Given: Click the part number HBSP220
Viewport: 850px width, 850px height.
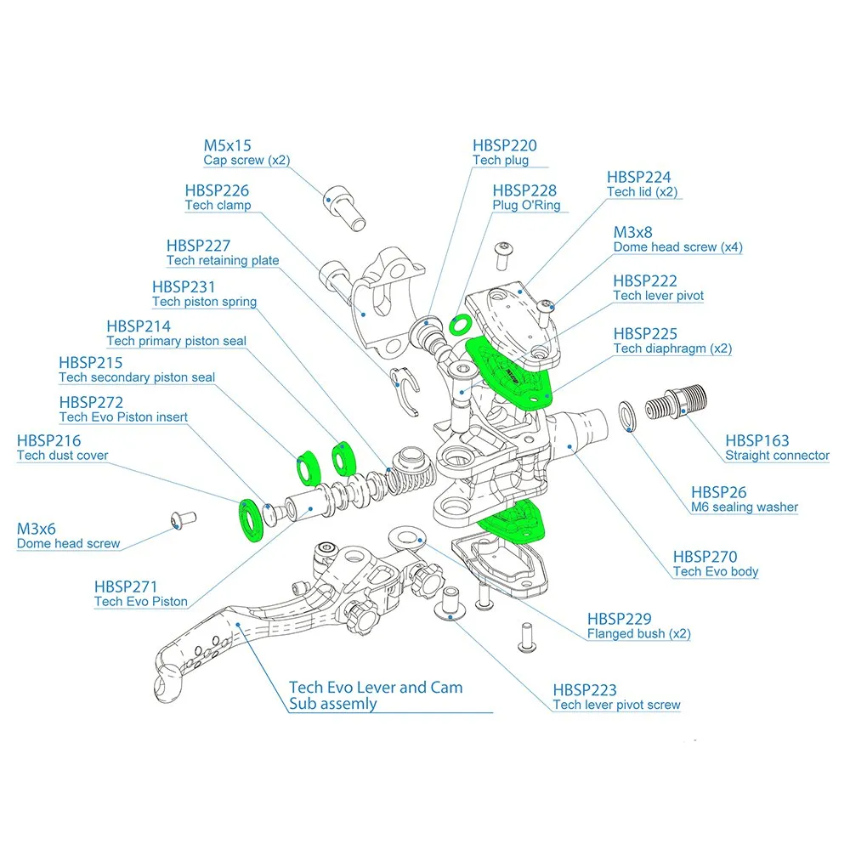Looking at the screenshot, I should [x=505, y=145].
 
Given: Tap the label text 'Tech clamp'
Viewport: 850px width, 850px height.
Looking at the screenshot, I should [x=218, y=206].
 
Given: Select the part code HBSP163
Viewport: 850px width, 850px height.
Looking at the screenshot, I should [x=757, y=440].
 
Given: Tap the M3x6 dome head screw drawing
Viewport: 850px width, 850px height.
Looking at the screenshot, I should [x=182, y=518].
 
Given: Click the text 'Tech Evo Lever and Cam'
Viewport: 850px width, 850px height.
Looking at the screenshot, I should [x=376, y=687].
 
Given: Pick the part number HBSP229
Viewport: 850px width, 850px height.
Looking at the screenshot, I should [x=620, y=619].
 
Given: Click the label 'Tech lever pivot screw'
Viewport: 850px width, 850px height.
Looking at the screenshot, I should [x=616, y=705].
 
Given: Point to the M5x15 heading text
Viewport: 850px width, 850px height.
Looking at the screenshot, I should [x=227, y=145].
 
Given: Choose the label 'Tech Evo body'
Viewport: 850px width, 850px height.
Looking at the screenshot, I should [x=715, y=572].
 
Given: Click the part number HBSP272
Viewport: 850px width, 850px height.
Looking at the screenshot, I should [x=91, y=402].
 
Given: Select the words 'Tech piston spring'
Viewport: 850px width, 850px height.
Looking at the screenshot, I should [x=204, y=302].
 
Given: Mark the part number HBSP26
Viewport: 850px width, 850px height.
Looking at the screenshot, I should [x=719, y=491].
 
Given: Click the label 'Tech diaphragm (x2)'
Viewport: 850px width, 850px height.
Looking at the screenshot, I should [x=672, y=348].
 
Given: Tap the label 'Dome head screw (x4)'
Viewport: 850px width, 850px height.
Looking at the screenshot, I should [x=678, y=247].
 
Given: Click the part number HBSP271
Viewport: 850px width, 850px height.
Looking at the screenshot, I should [x=126, y=586].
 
